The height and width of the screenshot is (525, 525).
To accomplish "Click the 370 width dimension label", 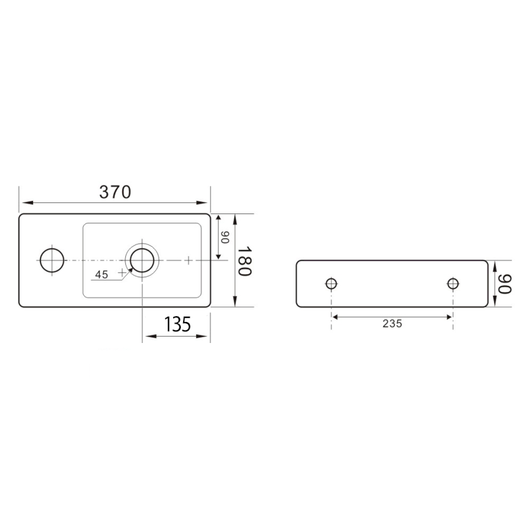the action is [x=115, y=192].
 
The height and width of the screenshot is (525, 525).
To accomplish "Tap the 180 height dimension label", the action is [x=244, y=261].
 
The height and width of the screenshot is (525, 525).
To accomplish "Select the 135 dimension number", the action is [x=177, y=324].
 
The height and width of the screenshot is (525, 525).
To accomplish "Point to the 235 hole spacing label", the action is [x=392, y=324].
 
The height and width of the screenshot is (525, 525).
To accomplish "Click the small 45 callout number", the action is [x=101, y=275].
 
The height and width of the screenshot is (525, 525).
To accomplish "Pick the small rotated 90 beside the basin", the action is [x=225, y=237].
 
